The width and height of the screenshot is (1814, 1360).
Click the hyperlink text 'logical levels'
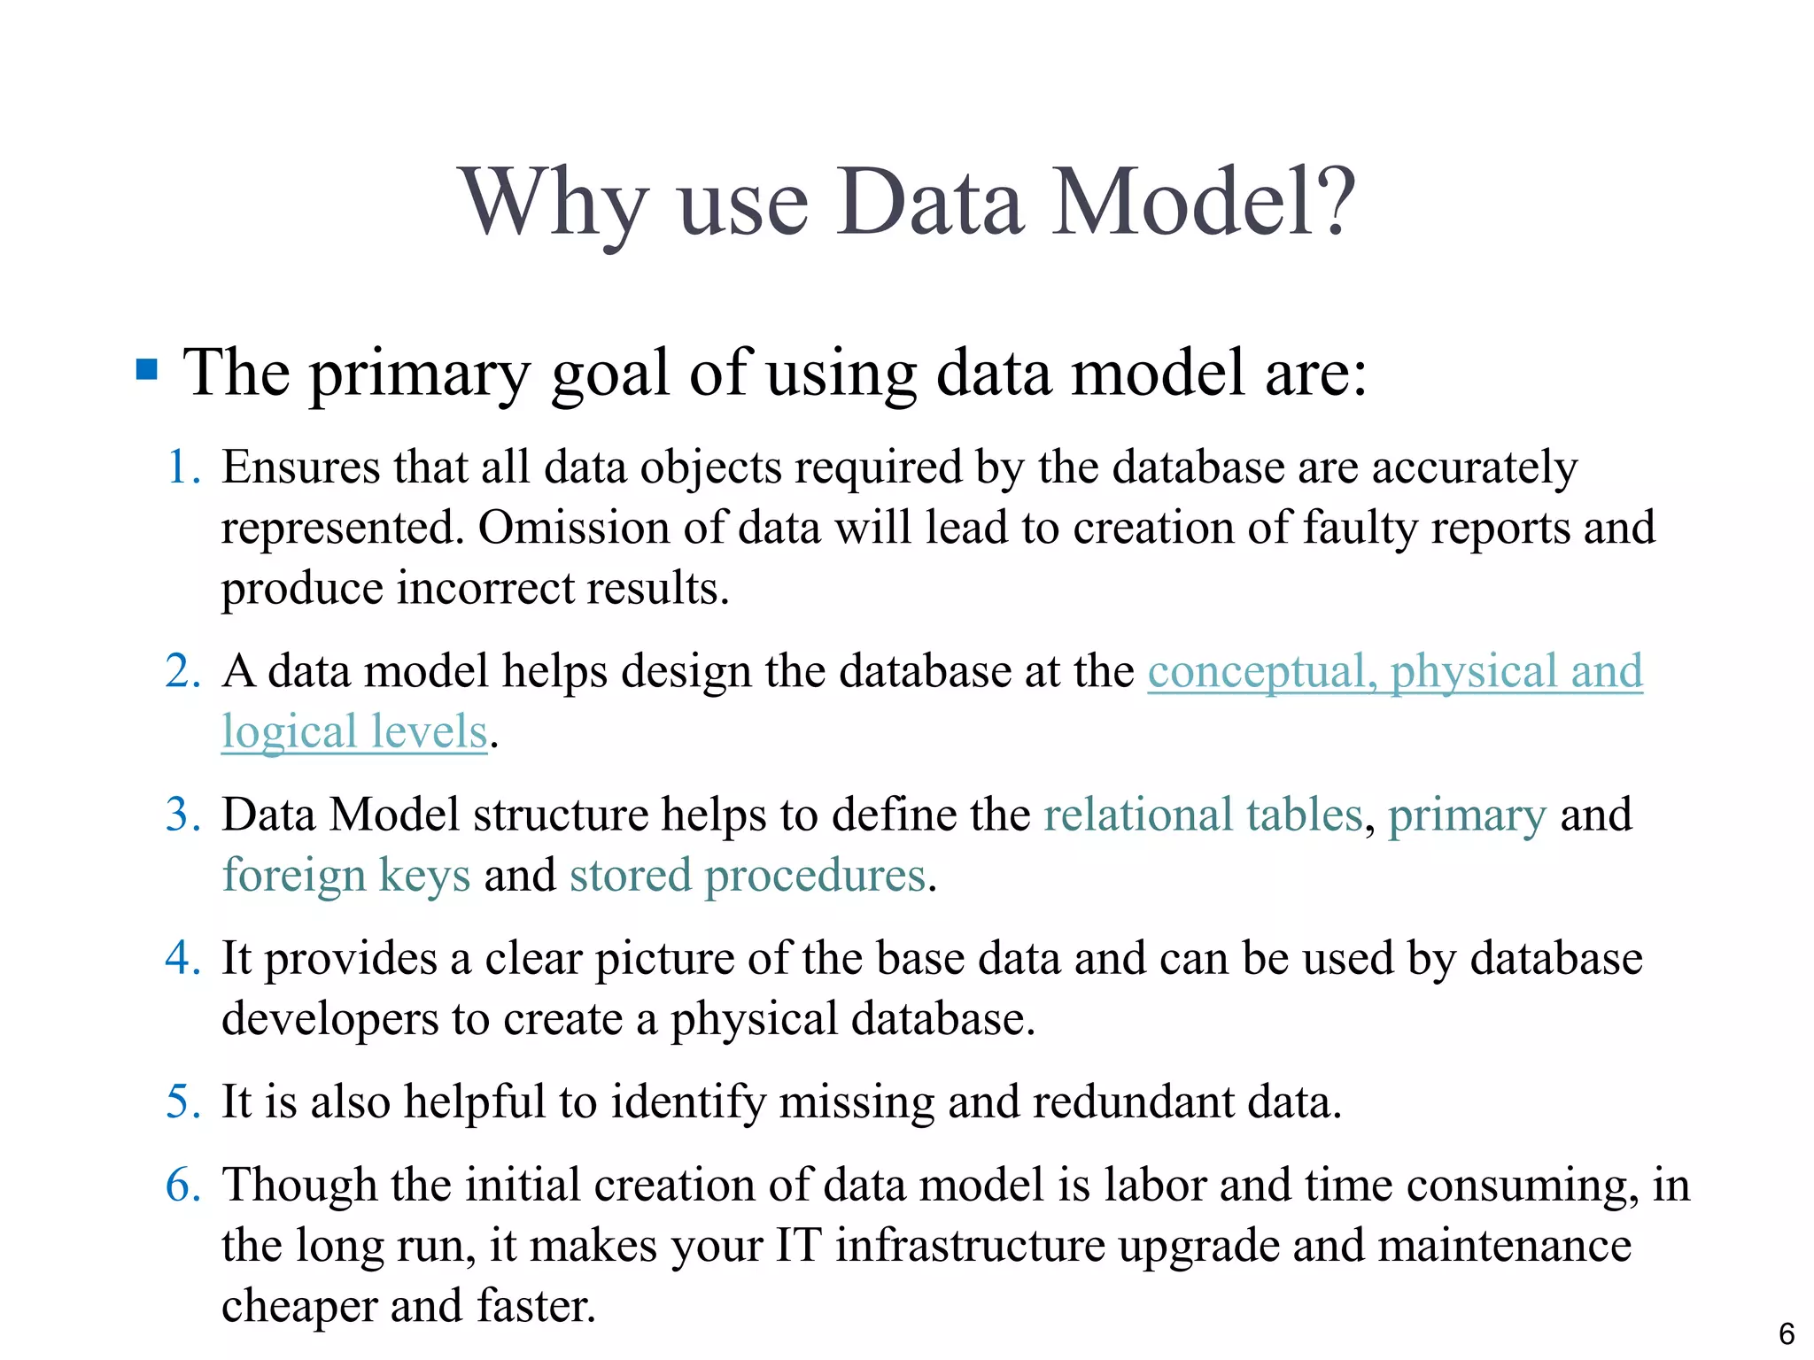[354, 732]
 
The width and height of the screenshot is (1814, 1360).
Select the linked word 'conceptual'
[1261, 671]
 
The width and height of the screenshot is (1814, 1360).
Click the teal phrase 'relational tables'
[1203, 815]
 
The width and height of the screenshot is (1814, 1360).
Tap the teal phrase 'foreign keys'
[345, 876]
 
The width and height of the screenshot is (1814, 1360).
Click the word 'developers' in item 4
[329, 1019]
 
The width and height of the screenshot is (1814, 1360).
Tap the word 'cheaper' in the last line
[298, 1306]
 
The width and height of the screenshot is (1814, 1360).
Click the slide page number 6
[1787, 1333]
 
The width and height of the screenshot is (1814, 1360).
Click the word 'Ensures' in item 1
[300, 467]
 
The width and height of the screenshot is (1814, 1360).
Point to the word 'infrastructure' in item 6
[970, 1246]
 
